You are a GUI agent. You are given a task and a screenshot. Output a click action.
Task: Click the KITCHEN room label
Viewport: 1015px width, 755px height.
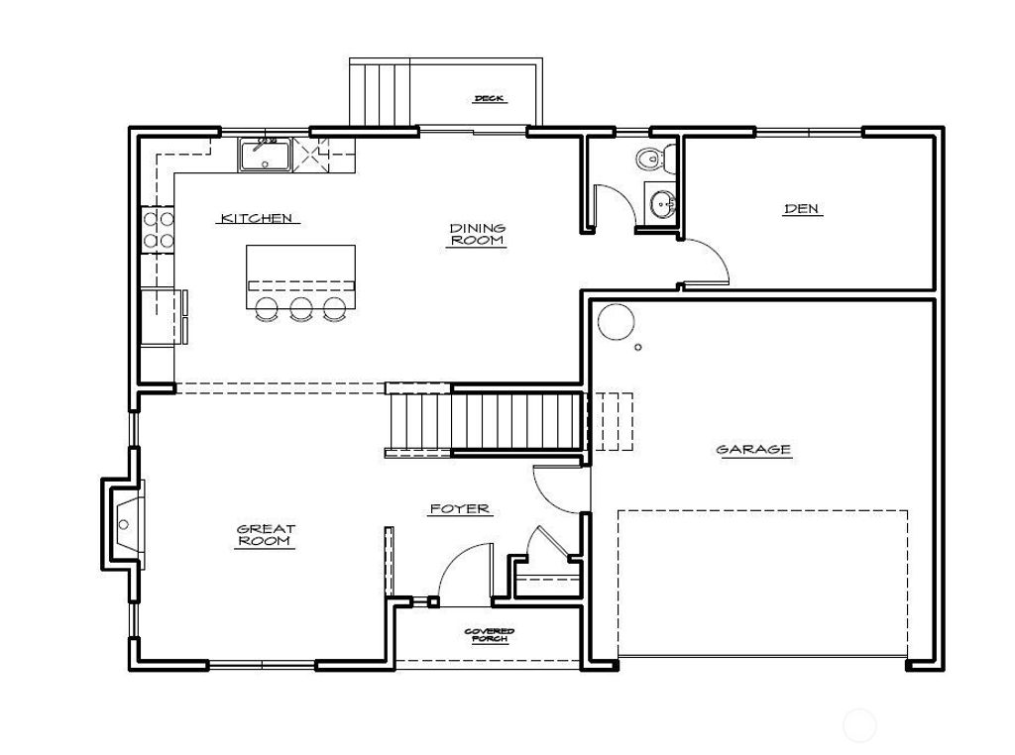(256, 218)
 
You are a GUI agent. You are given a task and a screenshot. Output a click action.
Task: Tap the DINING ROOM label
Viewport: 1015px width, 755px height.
(477, 234)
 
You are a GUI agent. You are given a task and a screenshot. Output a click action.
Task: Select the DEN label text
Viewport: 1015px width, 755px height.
(802, 209)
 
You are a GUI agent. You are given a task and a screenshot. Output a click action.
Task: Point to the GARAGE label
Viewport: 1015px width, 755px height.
(753, 450)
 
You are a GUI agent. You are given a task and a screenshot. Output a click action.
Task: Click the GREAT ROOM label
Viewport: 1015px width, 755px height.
(266, 535)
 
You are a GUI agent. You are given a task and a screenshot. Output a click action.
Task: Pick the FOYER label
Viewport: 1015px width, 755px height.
(460, 509)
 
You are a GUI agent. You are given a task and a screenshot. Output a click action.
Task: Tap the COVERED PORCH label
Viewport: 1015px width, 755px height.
(490, 635)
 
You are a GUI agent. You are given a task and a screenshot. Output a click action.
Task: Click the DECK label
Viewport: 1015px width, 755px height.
(489, 98)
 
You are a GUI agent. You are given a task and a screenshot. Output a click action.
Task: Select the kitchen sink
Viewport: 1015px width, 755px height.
(265, 156)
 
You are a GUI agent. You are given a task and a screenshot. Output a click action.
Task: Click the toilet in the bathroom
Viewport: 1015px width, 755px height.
(651, 158)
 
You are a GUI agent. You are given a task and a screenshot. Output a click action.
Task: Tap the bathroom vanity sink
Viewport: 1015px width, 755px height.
(661, 204)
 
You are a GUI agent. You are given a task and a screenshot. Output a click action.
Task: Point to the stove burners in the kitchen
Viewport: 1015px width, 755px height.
(158, 229)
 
